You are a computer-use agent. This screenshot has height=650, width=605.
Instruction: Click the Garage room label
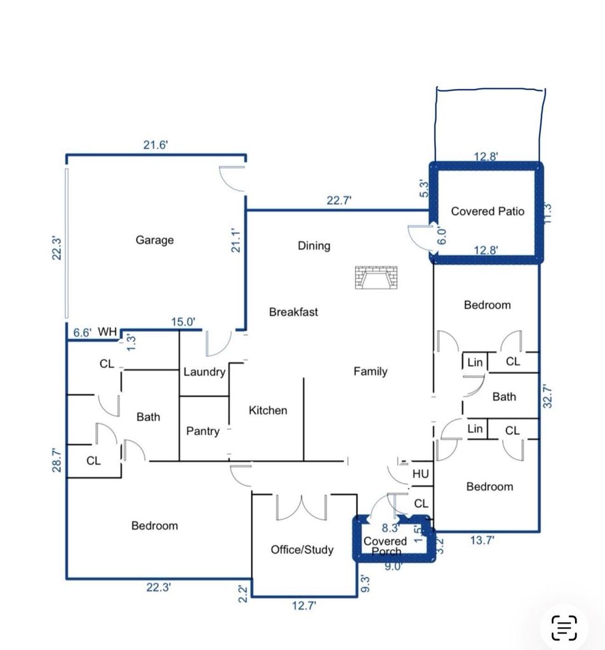155,240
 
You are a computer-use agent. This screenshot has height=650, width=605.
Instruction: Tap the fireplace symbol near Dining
376,277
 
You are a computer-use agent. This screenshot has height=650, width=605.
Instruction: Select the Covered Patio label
488,211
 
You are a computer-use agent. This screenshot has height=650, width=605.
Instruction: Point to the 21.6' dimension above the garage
156,145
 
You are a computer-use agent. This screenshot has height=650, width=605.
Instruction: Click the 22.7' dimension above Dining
339,201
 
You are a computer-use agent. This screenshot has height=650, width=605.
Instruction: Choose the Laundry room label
204,372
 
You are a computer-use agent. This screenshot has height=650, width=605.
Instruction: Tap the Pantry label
203,432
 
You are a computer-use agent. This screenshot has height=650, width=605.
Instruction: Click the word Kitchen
268,411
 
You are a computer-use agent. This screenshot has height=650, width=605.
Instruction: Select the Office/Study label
302,550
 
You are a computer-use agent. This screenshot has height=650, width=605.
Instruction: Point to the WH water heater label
107,331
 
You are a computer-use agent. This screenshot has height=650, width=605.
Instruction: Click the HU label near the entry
420,474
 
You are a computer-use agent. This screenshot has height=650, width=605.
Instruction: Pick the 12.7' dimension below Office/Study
304,606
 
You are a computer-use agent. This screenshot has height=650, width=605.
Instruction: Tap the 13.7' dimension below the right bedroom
482,540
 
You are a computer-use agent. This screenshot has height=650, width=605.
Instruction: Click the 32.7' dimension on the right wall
547,396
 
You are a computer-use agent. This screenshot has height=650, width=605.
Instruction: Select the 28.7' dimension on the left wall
57,460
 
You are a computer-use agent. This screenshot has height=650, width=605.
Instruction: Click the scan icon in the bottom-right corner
564,628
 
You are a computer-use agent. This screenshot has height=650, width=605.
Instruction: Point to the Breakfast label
293,312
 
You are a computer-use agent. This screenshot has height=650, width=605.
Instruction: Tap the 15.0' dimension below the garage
183,322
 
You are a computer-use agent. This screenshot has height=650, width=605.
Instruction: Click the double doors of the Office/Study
302,507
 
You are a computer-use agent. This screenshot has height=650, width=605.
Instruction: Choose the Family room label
371,371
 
